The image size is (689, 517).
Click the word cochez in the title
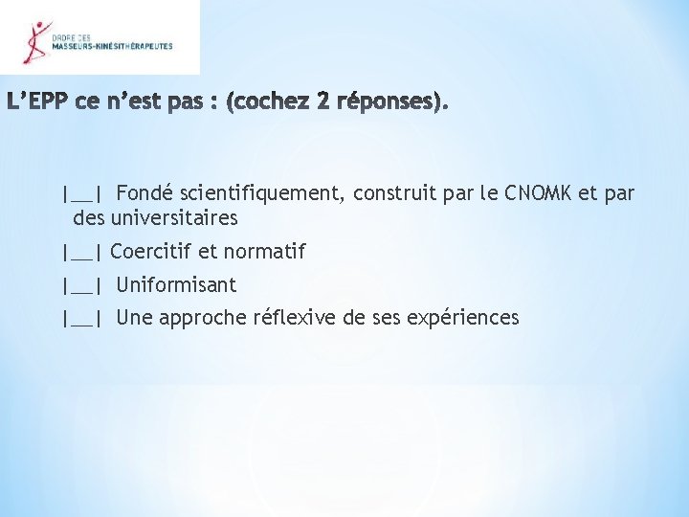tap(275, 101)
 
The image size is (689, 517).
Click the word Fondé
tap(145, 194)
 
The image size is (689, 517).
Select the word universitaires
tap(172, 218)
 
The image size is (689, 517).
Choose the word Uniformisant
tap(176, 285)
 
